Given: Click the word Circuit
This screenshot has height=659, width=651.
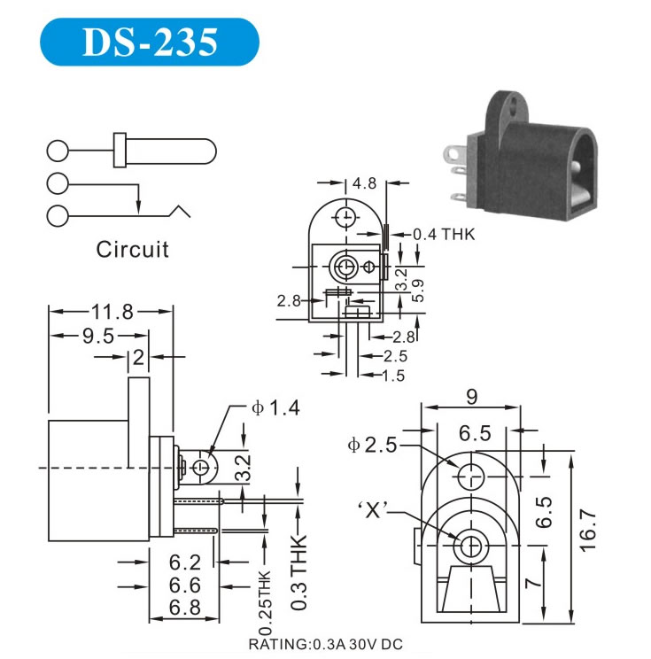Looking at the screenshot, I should (x=132, y=249).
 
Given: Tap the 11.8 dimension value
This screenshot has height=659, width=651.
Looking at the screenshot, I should (x=111, y=312).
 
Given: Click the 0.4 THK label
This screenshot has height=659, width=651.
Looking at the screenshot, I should (x=444, y=236).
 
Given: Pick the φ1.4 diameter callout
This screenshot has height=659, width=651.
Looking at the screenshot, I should (x=275, y=408).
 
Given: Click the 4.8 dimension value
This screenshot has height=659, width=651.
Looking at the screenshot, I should (x=364, y=184).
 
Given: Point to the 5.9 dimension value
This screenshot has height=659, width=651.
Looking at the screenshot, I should (x=418, y=290).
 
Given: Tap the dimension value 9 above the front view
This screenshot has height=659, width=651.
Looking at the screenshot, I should (x=471, y=397).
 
